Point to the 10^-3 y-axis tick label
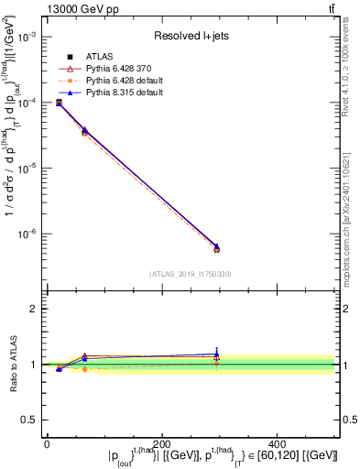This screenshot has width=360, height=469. [28, 37]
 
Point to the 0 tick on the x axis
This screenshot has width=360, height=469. [47, 443]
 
